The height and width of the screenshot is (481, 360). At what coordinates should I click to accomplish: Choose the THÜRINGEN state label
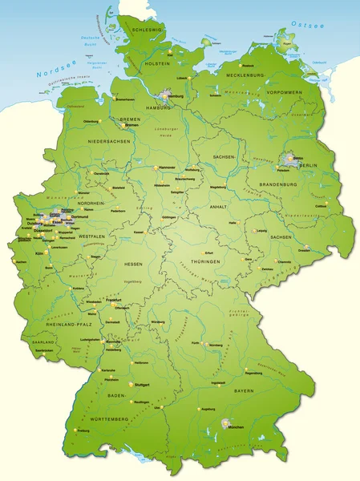[x=200, y=263]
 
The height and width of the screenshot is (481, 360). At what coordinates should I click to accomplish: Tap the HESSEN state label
[x=133, y=263]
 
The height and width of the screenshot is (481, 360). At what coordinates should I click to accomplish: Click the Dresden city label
[x=304, y=250]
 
